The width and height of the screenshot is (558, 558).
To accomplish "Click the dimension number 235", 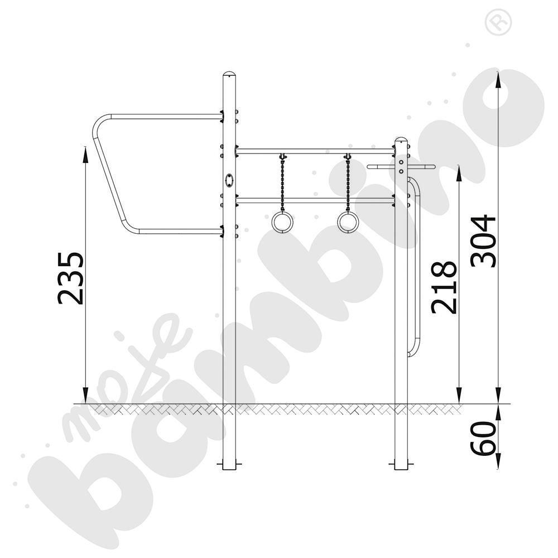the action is pyautogui.click(x=71, y=278).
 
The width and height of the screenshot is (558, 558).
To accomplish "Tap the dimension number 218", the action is pyautogui.click(x=444, y=287).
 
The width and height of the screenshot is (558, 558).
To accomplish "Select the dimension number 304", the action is pyautogui.click(x=483, y=241).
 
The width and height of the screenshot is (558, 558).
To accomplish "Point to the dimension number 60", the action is pyautogui.click(x=483, y=437).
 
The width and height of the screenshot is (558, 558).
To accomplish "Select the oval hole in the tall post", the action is pyautogui.click(x=229, y=179).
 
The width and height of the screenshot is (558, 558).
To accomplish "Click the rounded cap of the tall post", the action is pyautogui.click(x=229, y=75).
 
